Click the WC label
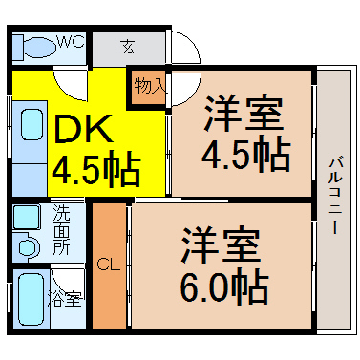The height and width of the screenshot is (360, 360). [x=71, y=41]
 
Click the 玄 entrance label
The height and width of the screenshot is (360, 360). [x=127, y=47]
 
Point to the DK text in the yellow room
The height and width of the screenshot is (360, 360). [x=84, y=128]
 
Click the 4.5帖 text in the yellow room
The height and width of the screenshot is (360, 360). [x=95, y=170]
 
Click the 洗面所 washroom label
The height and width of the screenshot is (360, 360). [x=61, y=229]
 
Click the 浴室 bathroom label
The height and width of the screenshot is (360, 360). [x=66, y=299]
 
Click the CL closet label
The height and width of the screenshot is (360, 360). [x=109, y=264]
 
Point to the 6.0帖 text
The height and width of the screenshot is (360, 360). [x=224, y=286]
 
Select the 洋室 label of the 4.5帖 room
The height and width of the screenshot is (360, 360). [x=244, y=114]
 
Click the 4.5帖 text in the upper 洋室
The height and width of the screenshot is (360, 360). [x=245, y=156]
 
